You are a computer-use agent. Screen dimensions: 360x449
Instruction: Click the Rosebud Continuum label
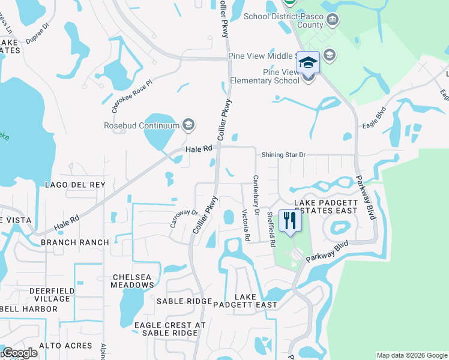pyautogui.click(x=142, y=125)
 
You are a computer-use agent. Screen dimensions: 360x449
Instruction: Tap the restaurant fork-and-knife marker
pyautogui.click(x=290, y=221)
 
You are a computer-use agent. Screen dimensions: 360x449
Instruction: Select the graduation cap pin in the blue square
pyautogui.click(x=308, y=62)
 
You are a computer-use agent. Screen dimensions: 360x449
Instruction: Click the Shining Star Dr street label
pyautogui.click(x=283, y=155)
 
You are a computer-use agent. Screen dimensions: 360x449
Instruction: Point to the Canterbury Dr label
pyautogui.click(x=256, y=195)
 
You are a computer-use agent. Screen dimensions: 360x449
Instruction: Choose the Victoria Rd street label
pyautogui.click(x=246, y=226)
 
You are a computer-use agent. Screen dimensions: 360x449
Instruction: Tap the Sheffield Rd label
pyautogui.click(x=271, y=230)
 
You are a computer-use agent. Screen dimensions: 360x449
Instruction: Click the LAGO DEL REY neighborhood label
pyautogui.click(x=75, y=185)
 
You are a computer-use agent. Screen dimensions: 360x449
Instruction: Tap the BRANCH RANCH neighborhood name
pyautogui.click(x=75, y=242)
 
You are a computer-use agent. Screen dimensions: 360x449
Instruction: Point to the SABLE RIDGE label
pyautogui.click(x=184, y=301)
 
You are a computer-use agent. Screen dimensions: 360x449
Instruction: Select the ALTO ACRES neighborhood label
pyautogui.click(x=66, y=346)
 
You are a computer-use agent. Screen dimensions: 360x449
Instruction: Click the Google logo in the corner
pyautogui.click(x=20, y=353)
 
